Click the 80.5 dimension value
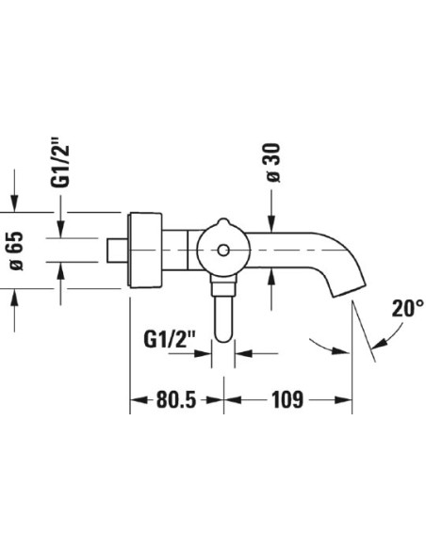pyautogui.click(x=175, y=399)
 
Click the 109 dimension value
pyautogui.click(x=287, y=399)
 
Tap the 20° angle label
pyautogui.click(x=407, y=308)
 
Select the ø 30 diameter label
pyautogui.click(x=273, y=163)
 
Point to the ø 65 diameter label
pyautogui.click(x=16, y=251)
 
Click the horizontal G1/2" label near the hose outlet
pyautogui.click(x=169, y=339)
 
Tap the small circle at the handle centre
pyautogui.click(x=223, y=251)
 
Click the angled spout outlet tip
pyautogui.click(x=350, y=291)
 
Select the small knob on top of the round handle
pyautogui.click(x=223, y=222)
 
